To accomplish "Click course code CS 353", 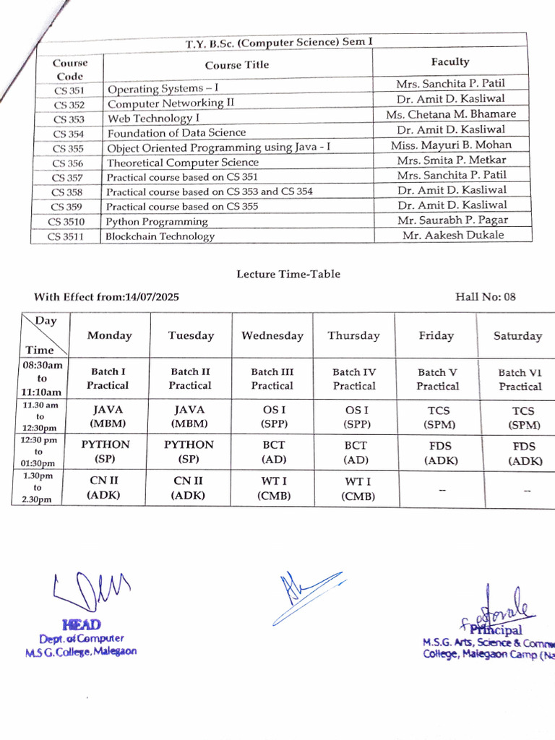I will pyautogui.click(x=69, y=119).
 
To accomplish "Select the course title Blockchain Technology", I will pyautogui.click(x=160, y=236).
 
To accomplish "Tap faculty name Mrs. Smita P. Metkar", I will pyautogui.click(x=452, y=160).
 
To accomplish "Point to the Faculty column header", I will pyautogui.click(x=450, y=62).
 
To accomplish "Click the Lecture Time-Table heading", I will pyautogui.click(x=288, y=274).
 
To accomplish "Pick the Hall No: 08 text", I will pyautogui.click(x=486, y=296).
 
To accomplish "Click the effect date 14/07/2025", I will pyautogui.click(x=152, y=297).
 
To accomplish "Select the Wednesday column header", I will pyautogui.click(x=272, y=335).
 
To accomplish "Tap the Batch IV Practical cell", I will pyautogui.click(x=354, y=379).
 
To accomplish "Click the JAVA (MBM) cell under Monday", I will pyautogui.click(x=108, y=416).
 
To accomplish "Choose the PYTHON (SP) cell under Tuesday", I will pyautogui.click(x=189, y=451).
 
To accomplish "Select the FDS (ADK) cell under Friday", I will pyautogui.click(x=438, y=452).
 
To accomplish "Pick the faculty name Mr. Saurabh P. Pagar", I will pyautogui.click(x=452, y=220).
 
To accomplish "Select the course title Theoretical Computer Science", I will pyautogui.click(x=183, y=163).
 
